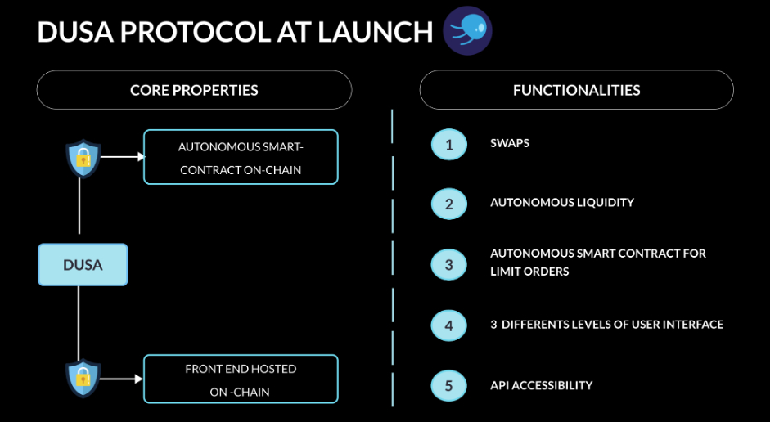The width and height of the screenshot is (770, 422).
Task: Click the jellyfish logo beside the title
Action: pyautogui.click(x=467, y=30)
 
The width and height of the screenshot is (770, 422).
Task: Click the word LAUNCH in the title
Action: pyautogui.click(x=375, y=32)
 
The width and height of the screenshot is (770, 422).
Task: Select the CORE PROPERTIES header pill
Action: pyautogui.click(x=195, y=90)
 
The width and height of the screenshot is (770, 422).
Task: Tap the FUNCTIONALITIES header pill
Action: pyautogui.click(x=577, y=90)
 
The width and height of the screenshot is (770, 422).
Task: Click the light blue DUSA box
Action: pyautogui.click(x=83, y=264)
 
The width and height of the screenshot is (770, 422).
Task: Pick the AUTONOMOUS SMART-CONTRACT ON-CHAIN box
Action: pyautogui.click(x=241, y=157)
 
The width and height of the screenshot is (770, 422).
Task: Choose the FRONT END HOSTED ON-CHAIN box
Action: pyautogui.click(x=241, y=379)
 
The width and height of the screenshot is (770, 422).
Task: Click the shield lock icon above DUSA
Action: pyautogui.click(x=83, y=158)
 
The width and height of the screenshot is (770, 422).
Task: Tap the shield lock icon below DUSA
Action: pyautogui.click(x=83, y=378)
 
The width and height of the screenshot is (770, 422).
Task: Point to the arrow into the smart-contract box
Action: pyautogui.click(x=123, y=157)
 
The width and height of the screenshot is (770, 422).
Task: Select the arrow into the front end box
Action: pyautogui.click(x=122, y=379)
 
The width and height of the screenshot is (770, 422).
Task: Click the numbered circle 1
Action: pyautogui.click(x=449, y=145)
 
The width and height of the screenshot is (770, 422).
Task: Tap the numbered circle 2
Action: pyautogui.click(x=449, y=204)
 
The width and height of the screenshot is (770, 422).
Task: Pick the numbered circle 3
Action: pyautogui.click(x=449, y=264)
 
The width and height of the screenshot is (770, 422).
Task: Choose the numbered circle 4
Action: pyautogui.click(x=449, y=325)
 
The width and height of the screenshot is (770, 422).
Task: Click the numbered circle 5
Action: pyautogui.click(x=449, y=386)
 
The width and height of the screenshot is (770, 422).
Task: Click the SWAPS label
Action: pyautogui.click(x=510, y=143)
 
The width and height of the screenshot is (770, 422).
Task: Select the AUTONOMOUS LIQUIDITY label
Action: pyautogui.click(x=562, y=202)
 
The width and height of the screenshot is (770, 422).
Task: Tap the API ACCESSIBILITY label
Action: pyautogui.click(x=541, y=385)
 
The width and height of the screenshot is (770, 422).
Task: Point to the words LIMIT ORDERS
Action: pyautogui.click(x=529, y=272)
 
